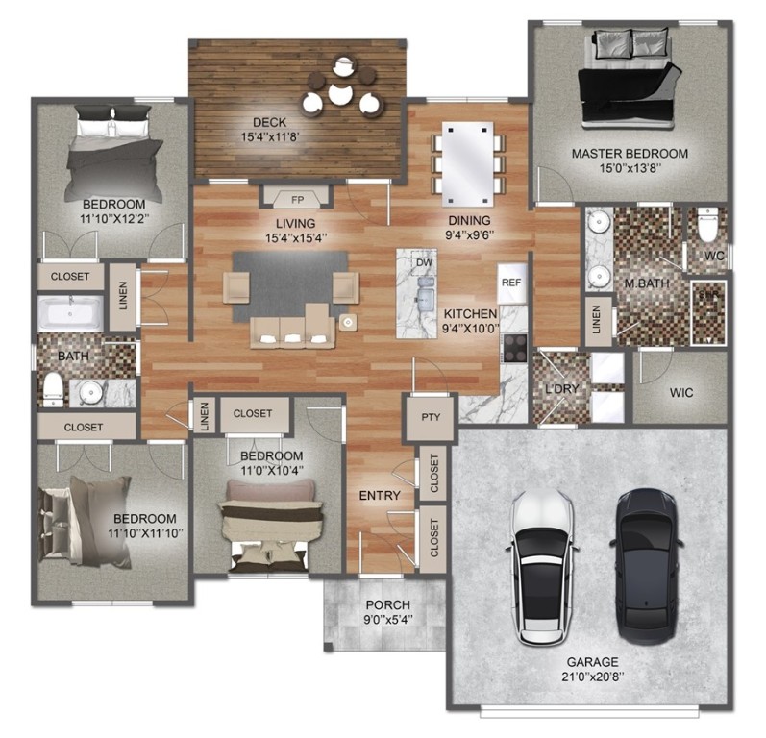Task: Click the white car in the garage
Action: (x=543, y=567)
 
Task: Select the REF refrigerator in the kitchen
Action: (x=510, y=283)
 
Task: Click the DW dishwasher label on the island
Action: (x=423, y=262)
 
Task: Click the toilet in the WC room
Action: (x=707, y=227)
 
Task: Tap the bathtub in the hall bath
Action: (x=69, y=313)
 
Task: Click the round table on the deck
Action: (x=340, y=93)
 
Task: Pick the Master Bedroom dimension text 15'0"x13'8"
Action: (x=630, y=172)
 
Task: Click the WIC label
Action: (x=680, y=393)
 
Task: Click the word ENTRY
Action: (x=380, y=495)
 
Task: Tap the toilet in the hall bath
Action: (x=52, y=389)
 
